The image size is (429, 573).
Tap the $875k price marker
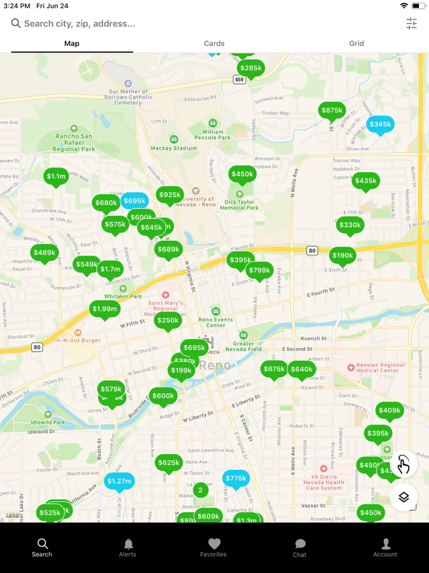click(x=332, y=110)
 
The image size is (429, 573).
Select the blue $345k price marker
click(x=380, y=125)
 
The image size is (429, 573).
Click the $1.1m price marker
click(x=56, y=177)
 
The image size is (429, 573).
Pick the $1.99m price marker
click(x=105, y=309)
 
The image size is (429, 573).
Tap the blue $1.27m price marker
click(x=119, y=482)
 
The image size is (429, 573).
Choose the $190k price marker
click(x=343, y=256)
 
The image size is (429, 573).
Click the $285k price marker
click(x=251, y=68)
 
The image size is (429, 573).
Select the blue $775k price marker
click(x=236, y=479)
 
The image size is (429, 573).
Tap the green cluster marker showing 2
click(x=200, y=490)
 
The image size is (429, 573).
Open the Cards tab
click(x=214, y=44)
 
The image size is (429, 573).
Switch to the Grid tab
click(x=357, y=44)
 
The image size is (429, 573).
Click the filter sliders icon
click(x=411, y=23)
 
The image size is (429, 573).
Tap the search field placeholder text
click(x=80, y=23)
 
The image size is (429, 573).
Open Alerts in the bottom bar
click(x=128, y=547)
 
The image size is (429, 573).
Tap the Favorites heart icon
click(x=214, y=544)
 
